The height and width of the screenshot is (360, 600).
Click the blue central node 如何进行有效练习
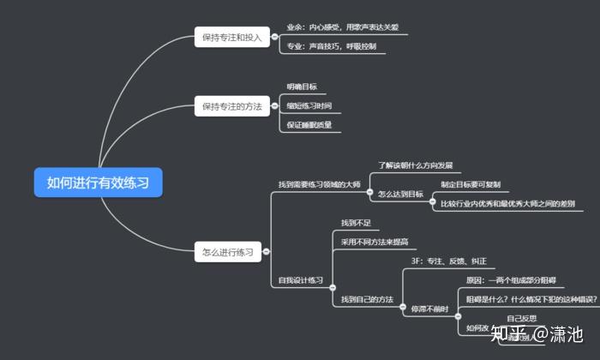[98, 182]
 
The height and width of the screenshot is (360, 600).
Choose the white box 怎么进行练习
[227, 252]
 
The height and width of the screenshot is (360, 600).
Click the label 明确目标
[302, 87]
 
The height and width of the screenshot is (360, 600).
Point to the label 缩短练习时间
[309, 106]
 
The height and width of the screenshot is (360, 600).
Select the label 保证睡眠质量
[309, 125]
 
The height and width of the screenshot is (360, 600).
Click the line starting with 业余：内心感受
[341, 27]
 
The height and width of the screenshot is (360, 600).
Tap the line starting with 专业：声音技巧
[332, 47]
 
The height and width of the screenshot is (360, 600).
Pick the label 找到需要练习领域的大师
[318, 184]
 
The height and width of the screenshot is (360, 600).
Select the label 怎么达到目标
[401, 195]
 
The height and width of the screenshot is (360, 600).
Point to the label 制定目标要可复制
[471, 184]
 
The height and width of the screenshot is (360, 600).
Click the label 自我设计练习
[301, 280]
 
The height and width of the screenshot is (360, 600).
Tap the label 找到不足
[357, 223]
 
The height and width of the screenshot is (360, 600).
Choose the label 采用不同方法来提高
[375, 242]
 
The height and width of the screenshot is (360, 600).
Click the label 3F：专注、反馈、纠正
[449, 261]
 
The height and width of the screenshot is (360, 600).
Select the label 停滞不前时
[429, 308]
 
